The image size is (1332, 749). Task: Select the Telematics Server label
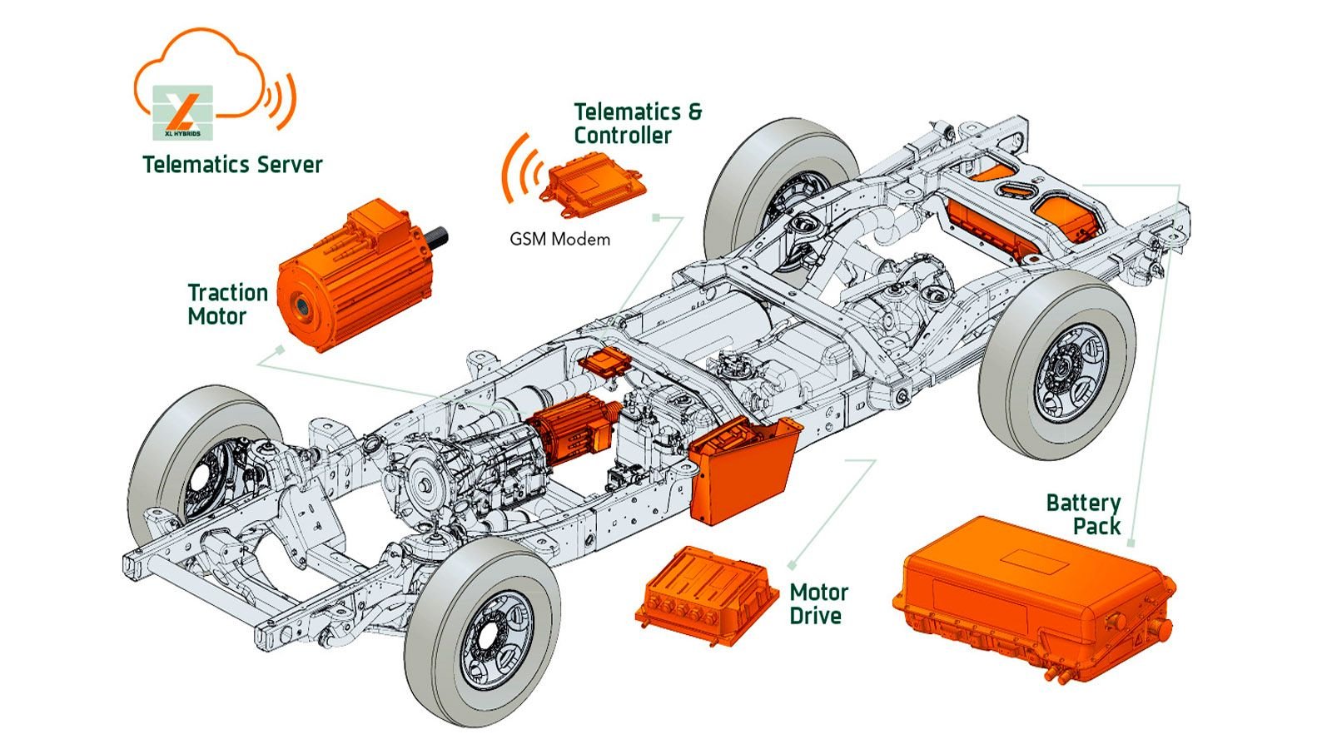[x=232, y=164]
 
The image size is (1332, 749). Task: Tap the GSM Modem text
[x=559, y=240]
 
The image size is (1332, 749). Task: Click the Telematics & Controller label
[x=638, y=123]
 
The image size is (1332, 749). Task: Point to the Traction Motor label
[x=227, y=305]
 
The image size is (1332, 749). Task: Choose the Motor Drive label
[x=818, y=604]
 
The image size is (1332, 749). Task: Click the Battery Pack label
[x=1083, y=514]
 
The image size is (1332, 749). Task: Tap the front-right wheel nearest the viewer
[x=483, y=632]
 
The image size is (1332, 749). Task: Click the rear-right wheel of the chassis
[x=1057, y=366]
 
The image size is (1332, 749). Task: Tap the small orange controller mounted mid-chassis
[x=605, y=363]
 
